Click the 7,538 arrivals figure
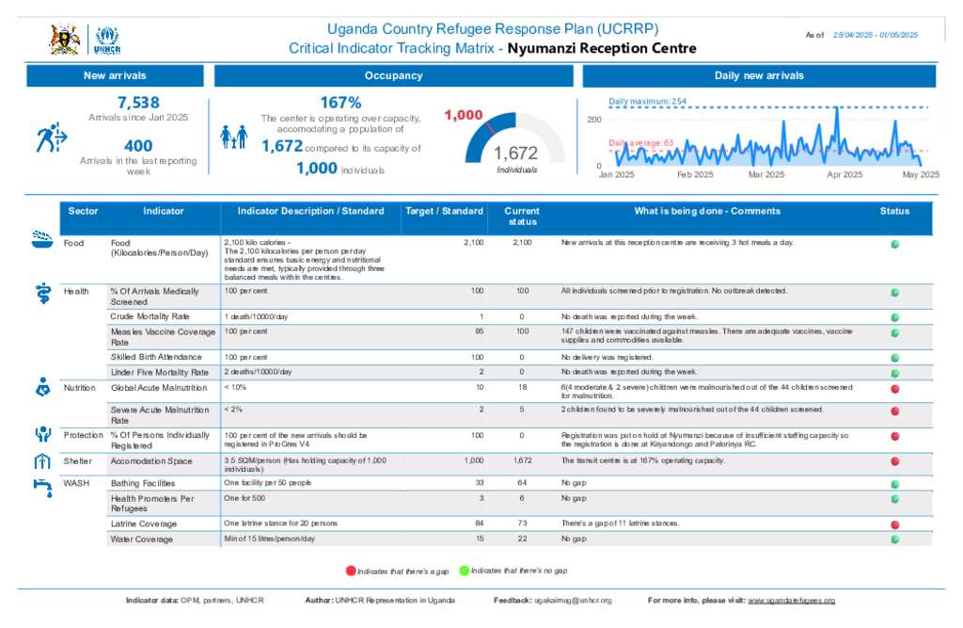point(138,103)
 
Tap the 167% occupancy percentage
point(340,103)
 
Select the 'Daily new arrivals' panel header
point(758,75)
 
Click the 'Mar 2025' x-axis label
point(767,174)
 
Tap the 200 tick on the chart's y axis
point(593,120)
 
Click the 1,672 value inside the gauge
point(515,153)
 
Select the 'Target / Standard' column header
point(444,211)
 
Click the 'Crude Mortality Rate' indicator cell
point(150,316)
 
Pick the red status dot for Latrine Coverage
point(895,524)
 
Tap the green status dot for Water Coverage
point(895,539)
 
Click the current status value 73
point(523,523)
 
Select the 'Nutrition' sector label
point(79,388)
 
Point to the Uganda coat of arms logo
point(64,40)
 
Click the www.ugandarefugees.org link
point(791,600)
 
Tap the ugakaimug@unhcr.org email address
point(573,600)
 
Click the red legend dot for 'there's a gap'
point(352,571)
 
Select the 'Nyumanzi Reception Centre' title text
point(602,48)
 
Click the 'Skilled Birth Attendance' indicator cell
point(156,358)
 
